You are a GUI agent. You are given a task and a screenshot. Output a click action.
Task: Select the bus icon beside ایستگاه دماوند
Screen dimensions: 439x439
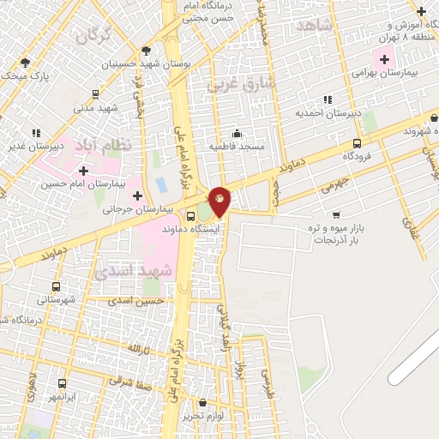(190, 217)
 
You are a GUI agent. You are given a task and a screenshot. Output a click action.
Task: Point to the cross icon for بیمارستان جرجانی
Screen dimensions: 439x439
(136, 195)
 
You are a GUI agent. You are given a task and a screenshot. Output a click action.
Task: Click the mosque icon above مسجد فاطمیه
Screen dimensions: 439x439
(237, 133)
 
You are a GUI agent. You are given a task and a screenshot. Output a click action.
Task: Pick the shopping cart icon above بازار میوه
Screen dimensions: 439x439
(336, 213)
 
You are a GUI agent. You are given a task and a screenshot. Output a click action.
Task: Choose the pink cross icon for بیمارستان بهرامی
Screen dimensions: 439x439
(383, 60)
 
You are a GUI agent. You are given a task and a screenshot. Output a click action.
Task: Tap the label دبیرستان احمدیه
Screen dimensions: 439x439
(327, 113)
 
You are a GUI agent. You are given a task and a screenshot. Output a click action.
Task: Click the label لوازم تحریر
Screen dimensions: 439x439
(203, 415)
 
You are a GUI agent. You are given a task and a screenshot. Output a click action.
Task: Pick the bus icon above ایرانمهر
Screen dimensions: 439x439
(62, 384)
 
